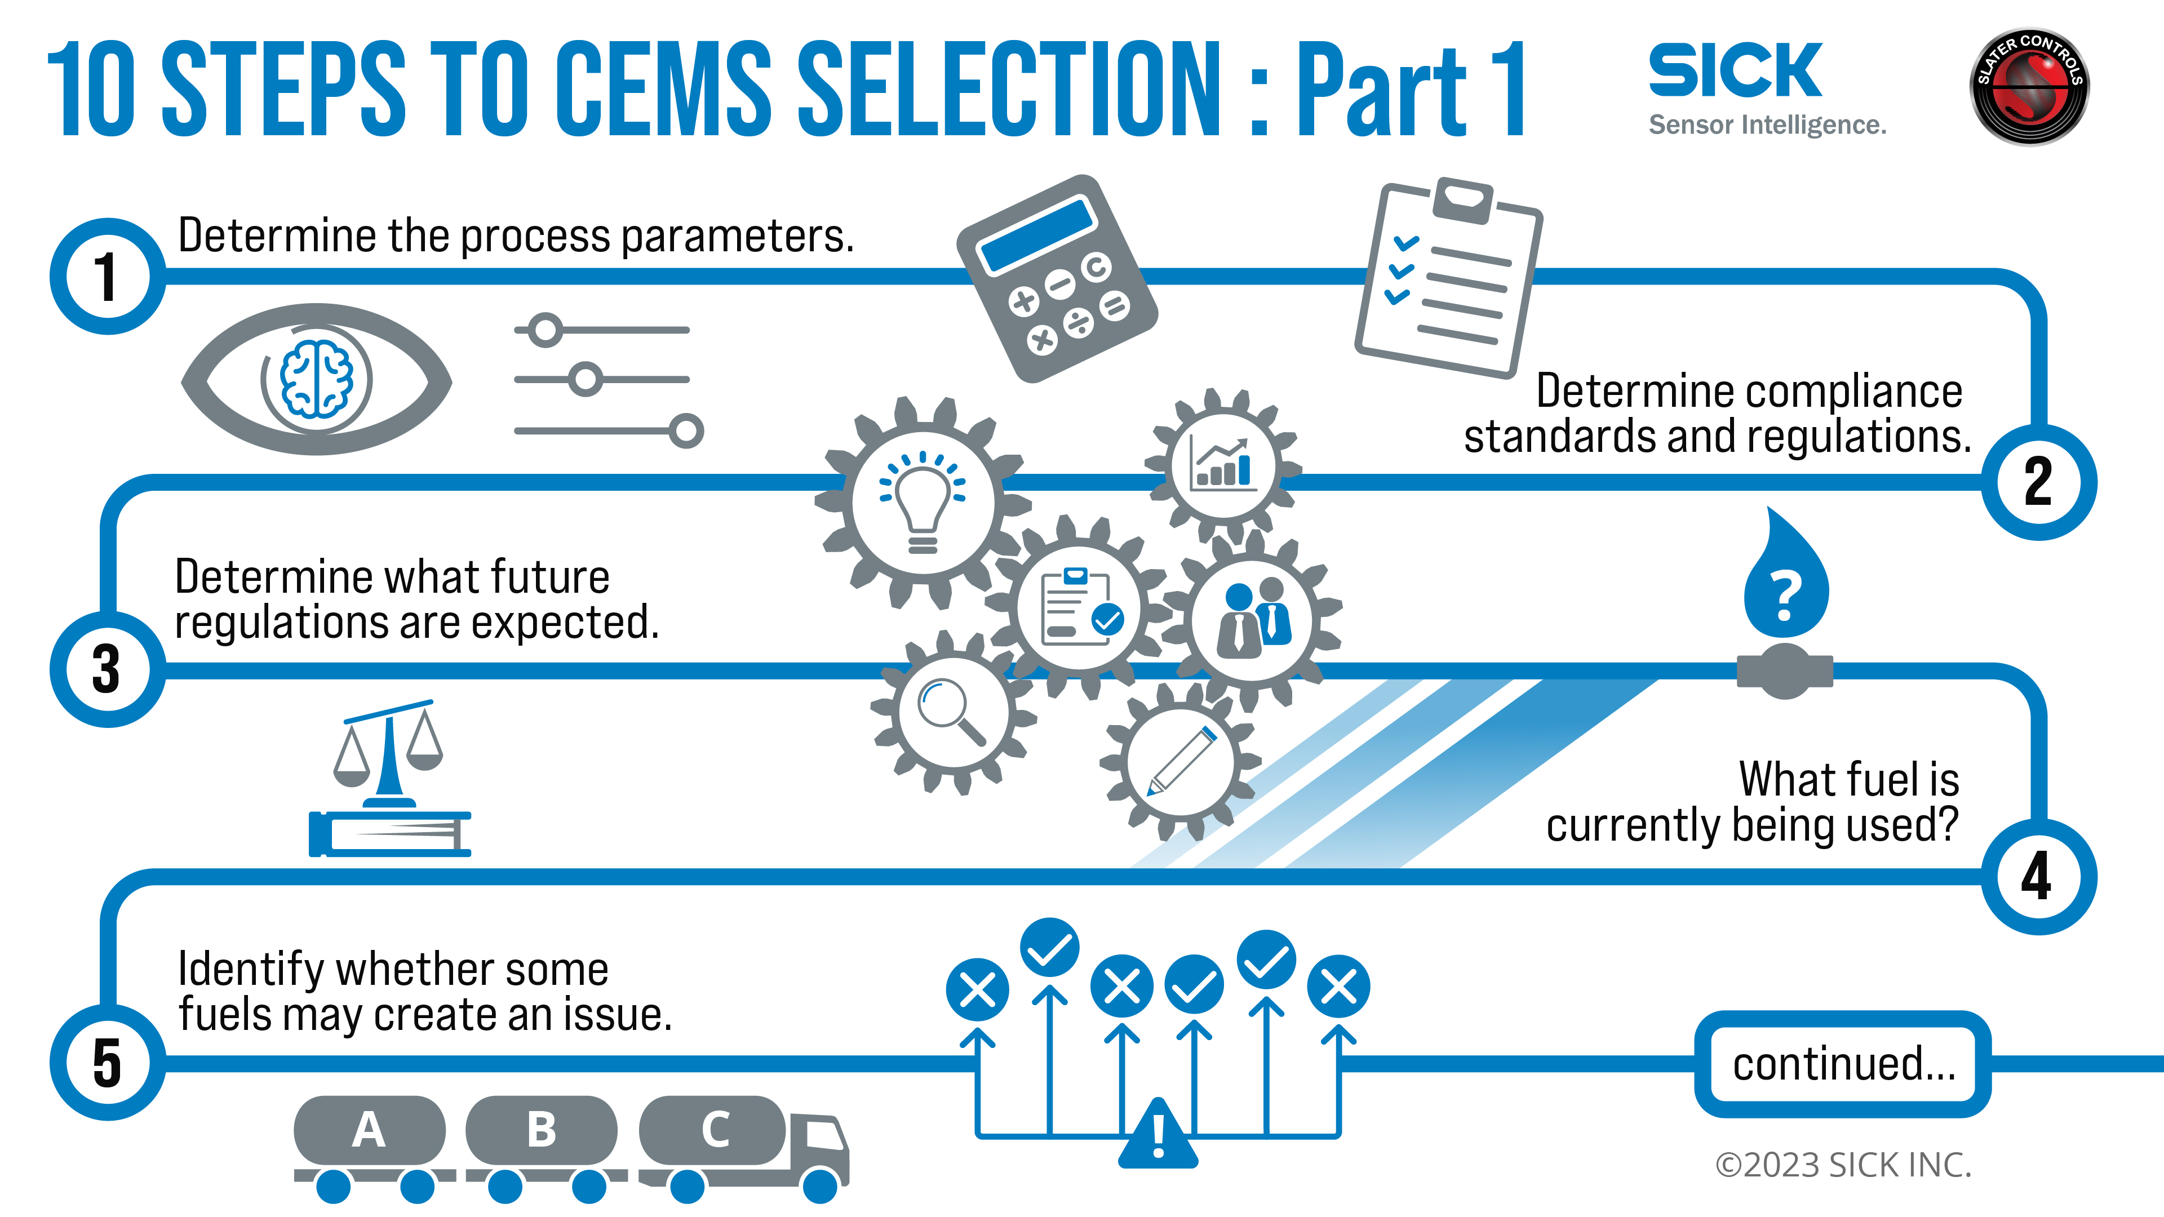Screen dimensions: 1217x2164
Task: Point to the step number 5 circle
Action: pyautogui.click(x=107, y=1063)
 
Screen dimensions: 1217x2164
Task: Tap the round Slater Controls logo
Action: pyautogui.click(x=2029, y=87)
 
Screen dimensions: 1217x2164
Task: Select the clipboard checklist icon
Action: pyautogui.click(x=1448, y=277)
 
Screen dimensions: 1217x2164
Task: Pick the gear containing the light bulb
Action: pyautogui.click(x=923, y=502)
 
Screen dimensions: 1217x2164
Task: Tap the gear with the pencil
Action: pyautogui.click(x=1180, y=761)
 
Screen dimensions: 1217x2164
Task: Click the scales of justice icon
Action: pyautogui.click(x=388, y=778)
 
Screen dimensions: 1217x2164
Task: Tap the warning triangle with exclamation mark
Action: pyautogui.click(x=1158, y=1135)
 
